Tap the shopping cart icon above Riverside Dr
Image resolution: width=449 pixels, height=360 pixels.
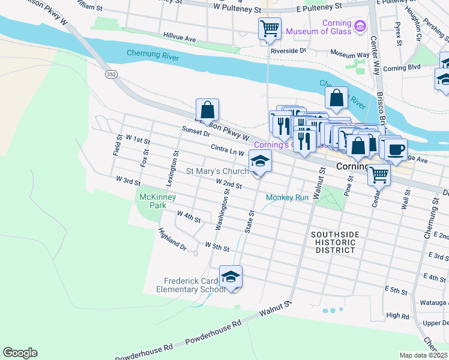(270, 28)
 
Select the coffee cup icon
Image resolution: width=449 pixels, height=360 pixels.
(396, 149)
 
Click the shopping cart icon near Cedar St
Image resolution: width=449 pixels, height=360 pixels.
(379, 175)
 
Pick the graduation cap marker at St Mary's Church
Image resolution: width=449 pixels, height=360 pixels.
(259, 161)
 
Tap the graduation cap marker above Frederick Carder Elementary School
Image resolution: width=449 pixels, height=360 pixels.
(231, 276)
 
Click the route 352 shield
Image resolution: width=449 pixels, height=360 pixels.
(112, 74)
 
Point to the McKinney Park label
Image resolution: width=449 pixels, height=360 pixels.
(152, 201)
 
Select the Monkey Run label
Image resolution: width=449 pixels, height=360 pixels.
(288, 197)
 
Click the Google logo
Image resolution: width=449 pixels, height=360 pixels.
(20, 353)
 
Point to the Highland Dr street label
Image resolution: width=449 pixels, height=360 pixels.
(172, 238)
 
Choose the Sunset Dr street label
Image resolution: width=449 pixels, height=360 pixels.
(196, 131)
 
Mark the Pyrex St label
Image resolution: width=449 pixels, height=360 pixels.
(398, 35)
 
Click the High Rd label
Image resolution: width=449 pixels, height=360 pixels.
(397, 315)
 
